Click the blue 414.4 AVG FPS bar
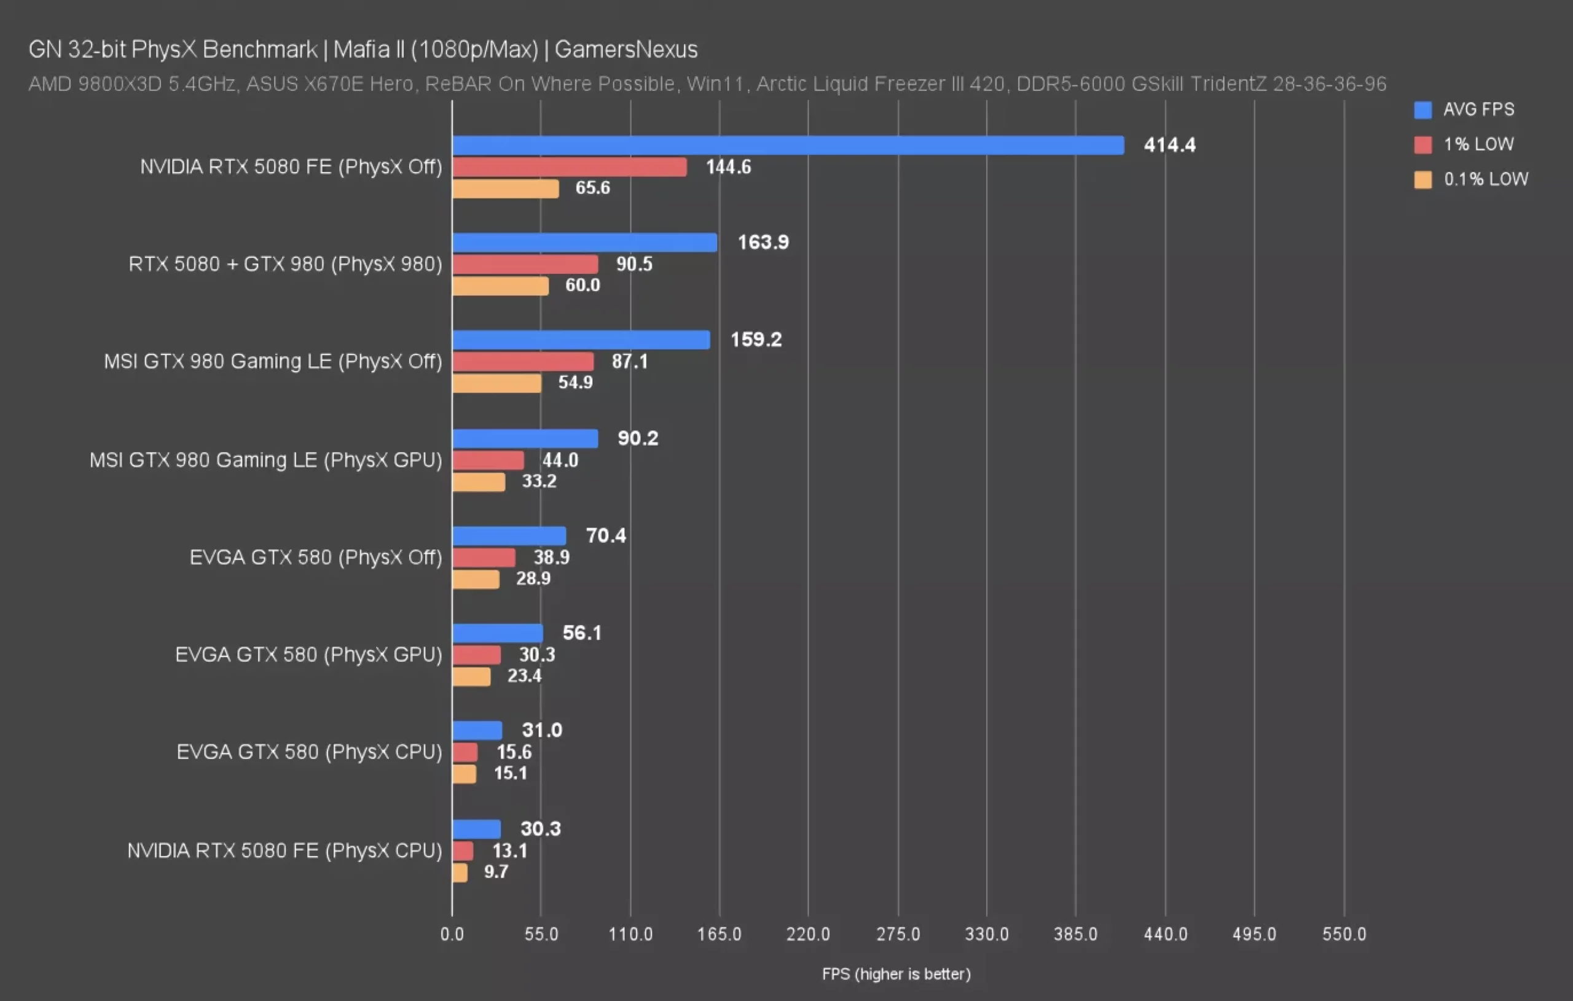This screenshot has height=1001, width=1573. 787,145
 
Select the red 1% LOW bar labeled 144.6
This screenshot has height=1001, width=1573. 569,167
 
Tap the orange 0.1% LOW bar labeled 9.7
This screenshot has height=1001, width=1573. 460,873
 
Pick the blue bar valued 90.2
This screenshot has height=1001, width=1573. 525,438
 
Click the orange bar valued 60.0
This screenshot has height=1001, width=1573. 500,286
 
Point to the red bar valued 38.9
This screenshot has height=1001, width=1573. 484,558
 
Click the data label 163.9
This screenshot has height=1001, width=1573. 763,242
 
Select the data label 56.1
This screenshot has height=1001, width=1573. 581,633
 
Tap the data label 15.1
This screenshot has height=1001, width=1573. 510,773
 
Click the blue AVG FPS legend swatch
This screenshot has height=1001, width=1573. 1422,110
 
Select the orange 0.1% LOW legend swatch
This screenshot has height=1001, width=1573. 1422,179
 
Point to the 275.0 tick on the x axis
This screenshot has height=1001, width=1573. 898,933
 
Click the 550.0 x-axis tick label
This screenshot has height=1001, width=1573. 1344,933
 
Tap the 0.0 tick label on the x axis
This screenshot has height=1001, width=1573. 452,933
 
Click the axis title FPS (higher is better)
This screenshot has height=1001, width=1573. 896,974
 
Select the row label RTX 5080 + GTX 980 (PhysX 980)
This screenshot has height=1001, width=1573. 285,264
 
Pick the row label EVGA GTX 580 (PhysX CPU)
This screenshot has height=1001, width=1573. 309,752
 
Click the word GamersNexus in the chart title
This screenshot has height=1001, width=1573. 626,50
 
